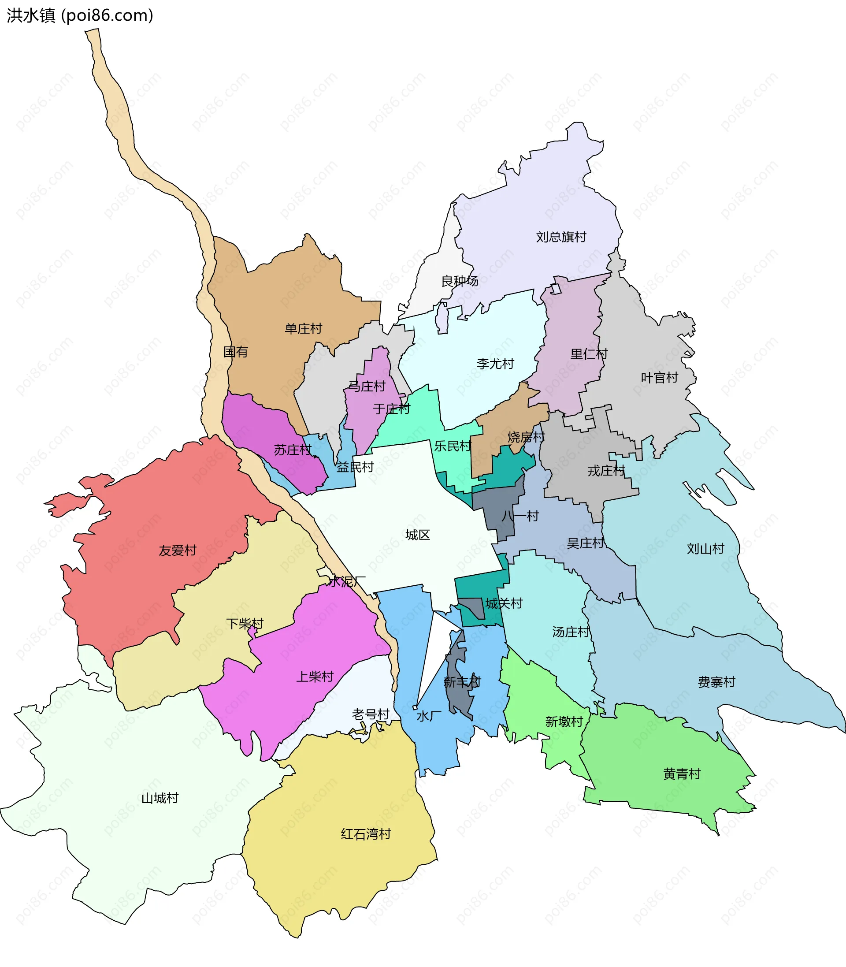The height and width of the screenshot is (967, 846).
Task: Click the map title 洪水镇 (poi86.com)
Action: point(80,15)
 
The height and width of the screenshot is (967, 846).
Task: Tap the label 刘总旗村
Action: point(561,237)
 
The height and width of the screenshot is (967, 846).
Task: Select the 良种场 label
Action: point(459,281)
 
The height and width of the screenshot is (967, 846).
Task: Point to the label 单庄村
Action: point(303,328)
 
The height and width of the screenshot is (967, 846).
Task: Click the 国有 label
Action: point(236,351)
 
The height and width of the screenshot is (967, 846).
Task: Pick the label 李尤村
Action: point(495,364)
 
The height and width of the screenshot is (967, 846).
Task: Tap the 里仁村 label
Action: point(589,353)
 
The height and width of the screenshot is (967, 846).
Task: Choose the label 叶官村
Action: point(659,377)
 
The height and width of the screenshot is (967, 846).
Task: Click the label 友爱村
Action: point(177,550)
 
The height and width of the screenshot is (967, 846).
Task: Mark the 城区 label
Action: point(418,535)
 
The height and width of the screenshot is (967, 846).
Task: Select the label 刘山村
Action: point(705,548)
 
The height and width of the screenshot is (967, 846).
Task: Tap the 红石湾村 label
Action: point(366,834)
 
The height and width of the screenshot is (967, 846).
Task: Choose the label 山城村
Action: point(160,798)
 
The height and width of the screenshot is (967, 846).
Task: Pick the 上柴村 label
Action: point(315,676)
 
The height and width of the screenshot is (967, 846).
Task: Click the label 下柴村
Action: point(245,623)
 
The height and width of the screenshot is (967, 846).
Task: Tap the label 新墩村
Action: point(564,721)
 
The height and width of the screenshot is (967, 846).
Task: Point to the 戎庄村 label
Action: point(606,470)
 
